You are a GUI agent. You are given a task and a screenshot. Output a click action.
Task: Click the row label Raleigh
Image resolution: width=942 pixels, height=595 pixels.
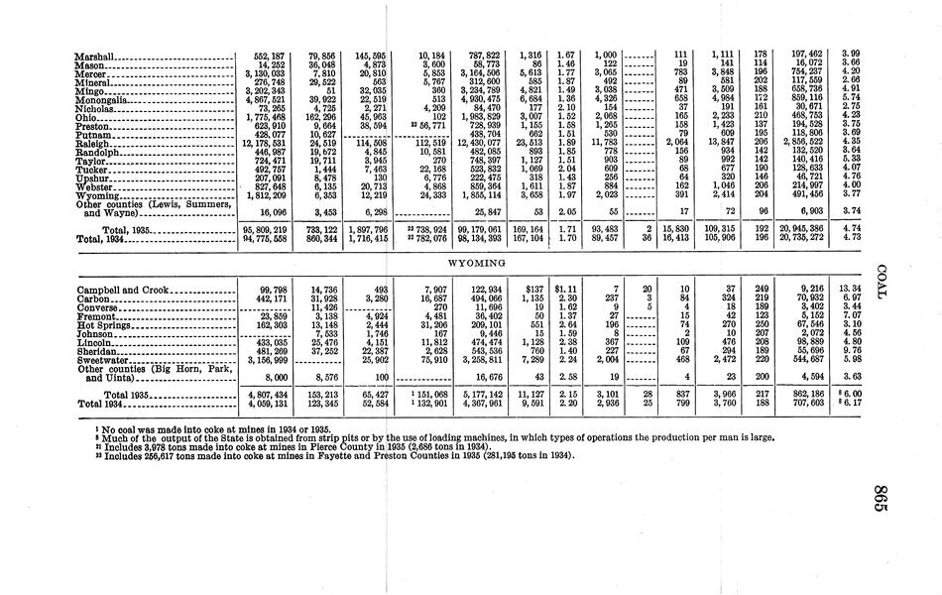click(x=96, y=144)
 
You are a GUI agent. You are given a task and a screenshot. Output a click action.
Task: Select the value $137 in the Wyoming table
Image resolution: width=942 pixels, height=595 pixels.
click(x=540, y=289)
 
